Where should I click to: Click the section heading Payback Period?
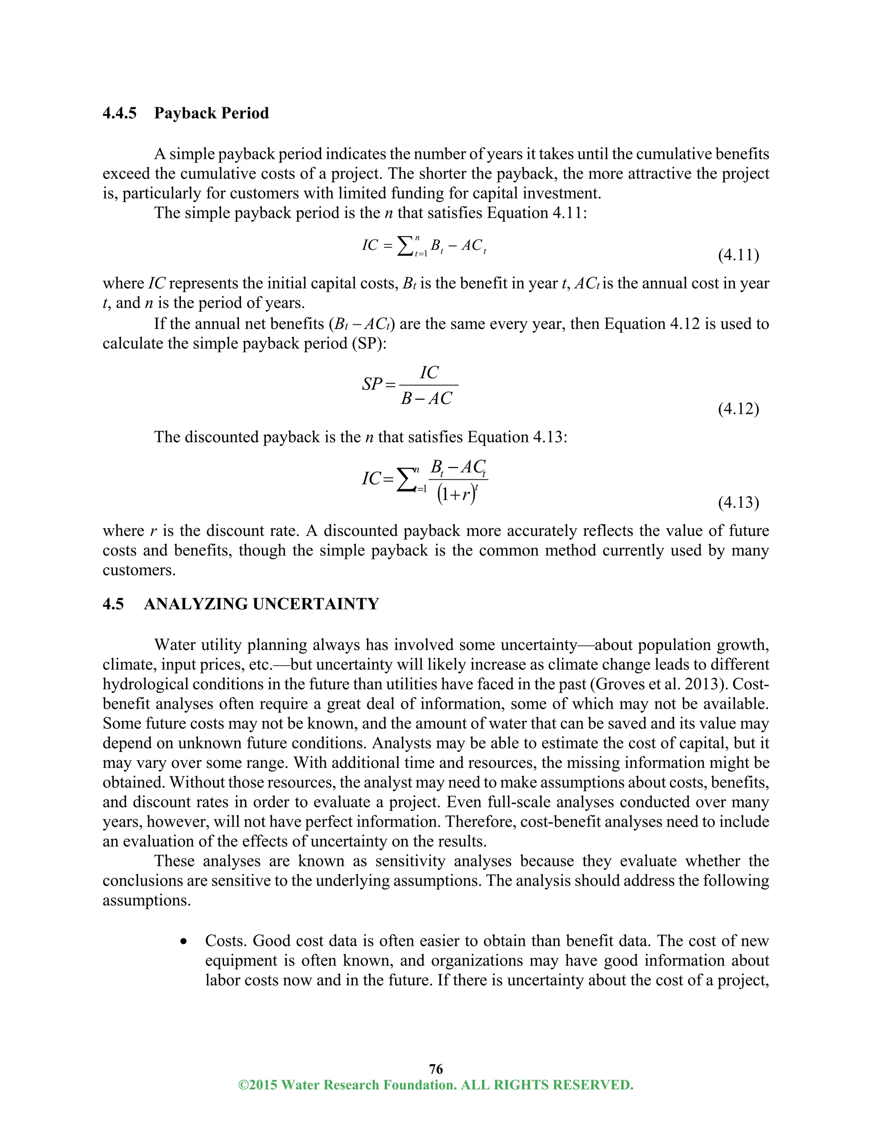click(211, 113)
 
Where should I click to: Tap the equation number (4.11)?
click(738, 255)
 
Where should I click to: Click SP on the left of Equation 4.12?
click(372, 384)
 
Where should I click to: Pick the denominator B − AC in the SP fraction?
click(426, 398)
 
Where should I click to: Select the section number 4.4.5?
click(120, 113)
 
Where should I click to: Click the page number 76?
click(436, 1069)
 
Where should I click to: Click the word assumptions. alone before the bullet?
click(147, 900)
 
